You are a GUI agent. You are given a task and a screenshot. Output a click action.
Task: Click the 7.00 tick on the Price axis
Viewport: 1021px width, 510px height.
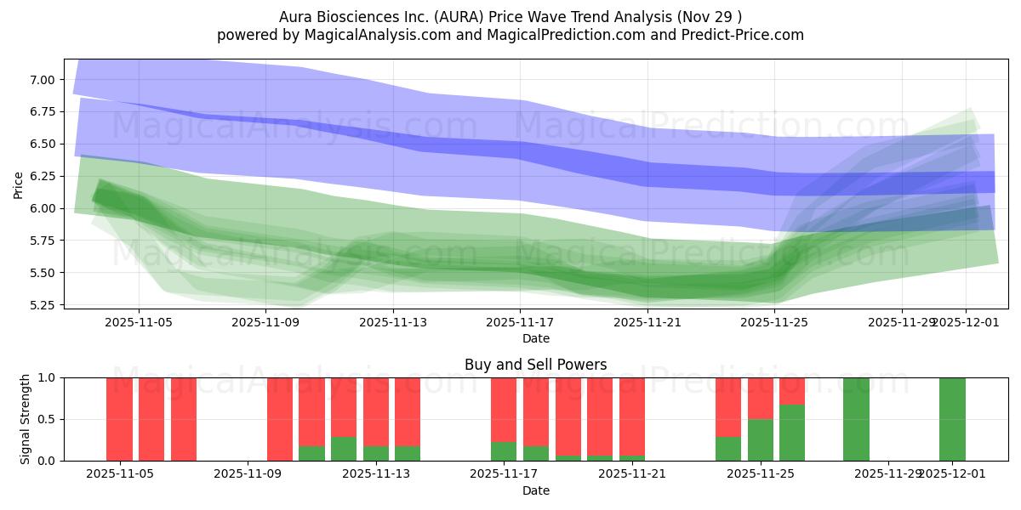[43, 80]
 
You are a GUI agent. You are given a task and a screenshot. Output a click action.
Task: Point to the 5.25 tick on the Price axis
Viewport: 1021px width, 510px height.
[43, 305]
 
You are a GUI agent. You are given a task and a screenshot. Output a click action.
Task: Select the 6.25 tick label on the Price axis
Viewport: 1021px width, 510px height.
[43, 176]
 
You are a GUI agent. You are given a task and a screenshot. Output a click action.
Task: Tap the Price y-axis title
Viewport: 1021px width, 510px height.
[18, 184]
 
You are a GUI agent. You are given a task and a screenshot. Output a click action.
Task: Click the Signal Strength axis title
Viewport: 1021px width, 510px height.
[26, 418]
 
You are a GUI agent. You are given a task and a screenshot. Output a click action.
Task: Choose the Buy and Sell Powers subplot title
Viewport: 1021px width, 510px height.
[535, 365]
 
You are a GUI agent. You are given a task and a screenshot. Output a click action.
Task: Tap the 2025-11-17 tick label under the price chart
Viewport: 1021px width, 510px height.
[520, 322]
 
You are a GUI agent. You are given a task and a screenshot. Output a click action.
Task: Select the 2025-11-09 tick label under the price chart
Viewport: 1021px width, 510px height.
[266, 322]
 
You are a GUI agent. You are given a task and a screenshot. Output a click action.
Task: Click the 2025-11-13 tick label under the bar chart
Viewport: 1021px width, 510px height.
[376, 473]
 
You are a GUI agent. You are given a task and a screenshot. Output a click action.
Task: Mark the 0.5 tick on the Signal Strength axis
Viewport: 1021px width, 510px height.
[48, 419]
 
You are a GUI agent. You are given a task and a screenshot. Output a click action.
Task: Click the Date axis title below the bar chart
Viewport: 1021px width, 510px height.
[535, 490]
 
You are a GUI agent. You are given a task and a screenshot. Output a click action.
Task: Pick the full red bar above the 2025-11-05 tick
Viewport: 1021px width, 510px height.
[119, 418]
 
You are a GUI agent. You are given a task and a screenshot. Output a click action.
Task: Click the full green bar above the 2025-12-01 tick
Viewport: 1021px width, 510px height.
[952, 418]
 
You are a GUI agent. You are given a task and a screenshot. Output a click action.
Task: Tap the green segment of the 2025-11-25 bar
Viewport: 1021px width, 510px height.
[761, 439]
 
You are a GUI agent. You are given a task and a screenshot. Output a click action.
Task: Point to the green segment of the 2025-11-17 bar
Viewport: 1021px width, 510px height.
[504, 451]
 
